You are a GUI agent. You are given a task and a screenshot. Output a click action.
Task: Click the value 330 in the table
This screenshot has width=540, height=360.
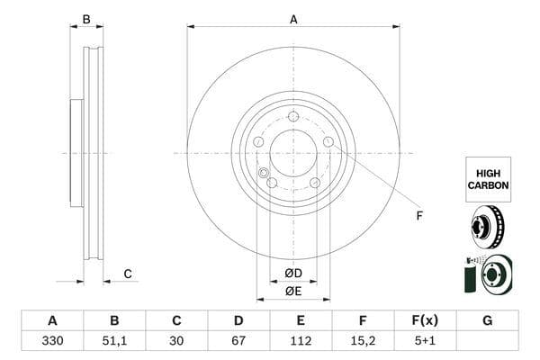click(52, 343)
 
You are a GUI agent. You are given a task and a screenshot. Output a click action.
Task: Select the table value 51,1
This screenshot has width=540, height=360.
click(114, 343)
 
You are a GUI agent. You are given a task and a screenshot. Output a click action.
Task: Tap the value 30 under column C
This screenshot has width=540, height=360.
click(176, 343)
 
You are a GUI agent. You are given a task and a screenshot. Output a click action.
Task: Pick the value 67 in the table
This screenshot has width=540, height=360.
click(238, 343)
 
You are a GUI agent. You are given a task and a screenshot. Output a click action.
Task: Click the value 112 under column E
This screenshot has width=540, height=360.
click(301, 343)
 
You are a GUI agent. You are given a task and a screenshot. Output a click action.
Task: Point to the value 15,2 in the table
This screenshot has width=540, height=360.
click(363, 343)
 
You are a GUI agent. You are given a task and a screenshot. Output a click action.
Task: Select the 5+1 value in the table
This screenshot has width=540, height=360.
click(425, 343)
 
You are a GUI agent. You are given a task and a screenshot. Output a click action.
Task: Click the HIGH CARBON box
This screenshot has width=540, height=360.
click(488, 178)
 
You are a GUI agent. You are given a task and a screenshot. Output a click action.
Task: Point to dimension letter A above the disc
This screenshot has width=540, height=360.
click(293, 18)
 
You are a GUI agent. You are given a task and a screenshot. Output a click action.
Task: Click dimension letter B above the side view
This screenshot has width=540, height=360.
click(86, 18)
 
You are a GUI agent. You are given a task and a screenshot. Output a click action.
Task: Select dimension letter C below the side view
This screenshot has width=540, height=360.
click(128, 274)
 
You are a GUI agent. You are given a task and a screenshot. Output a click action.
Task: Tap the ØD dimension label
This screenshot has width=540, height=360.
click(293, 274)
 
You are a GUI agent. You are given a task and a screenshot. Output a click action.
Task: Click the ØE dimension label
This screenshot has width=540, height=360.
click(293, 291)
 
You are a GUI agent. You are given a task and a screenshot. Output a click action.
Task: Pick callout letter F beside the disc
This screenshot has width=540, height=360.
click(418, 216)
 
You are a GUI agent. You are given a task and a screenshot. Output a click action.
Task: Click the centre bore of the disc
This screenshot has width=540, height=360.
click(293, 153)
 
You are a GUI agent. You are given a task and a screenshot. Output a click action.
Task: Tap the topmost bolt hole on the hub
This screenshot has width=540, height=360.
click(293, 115)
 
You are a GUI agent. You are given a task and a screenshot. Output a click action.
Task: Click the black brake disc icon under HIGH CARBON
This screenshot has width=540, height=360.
click(487, 226)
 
